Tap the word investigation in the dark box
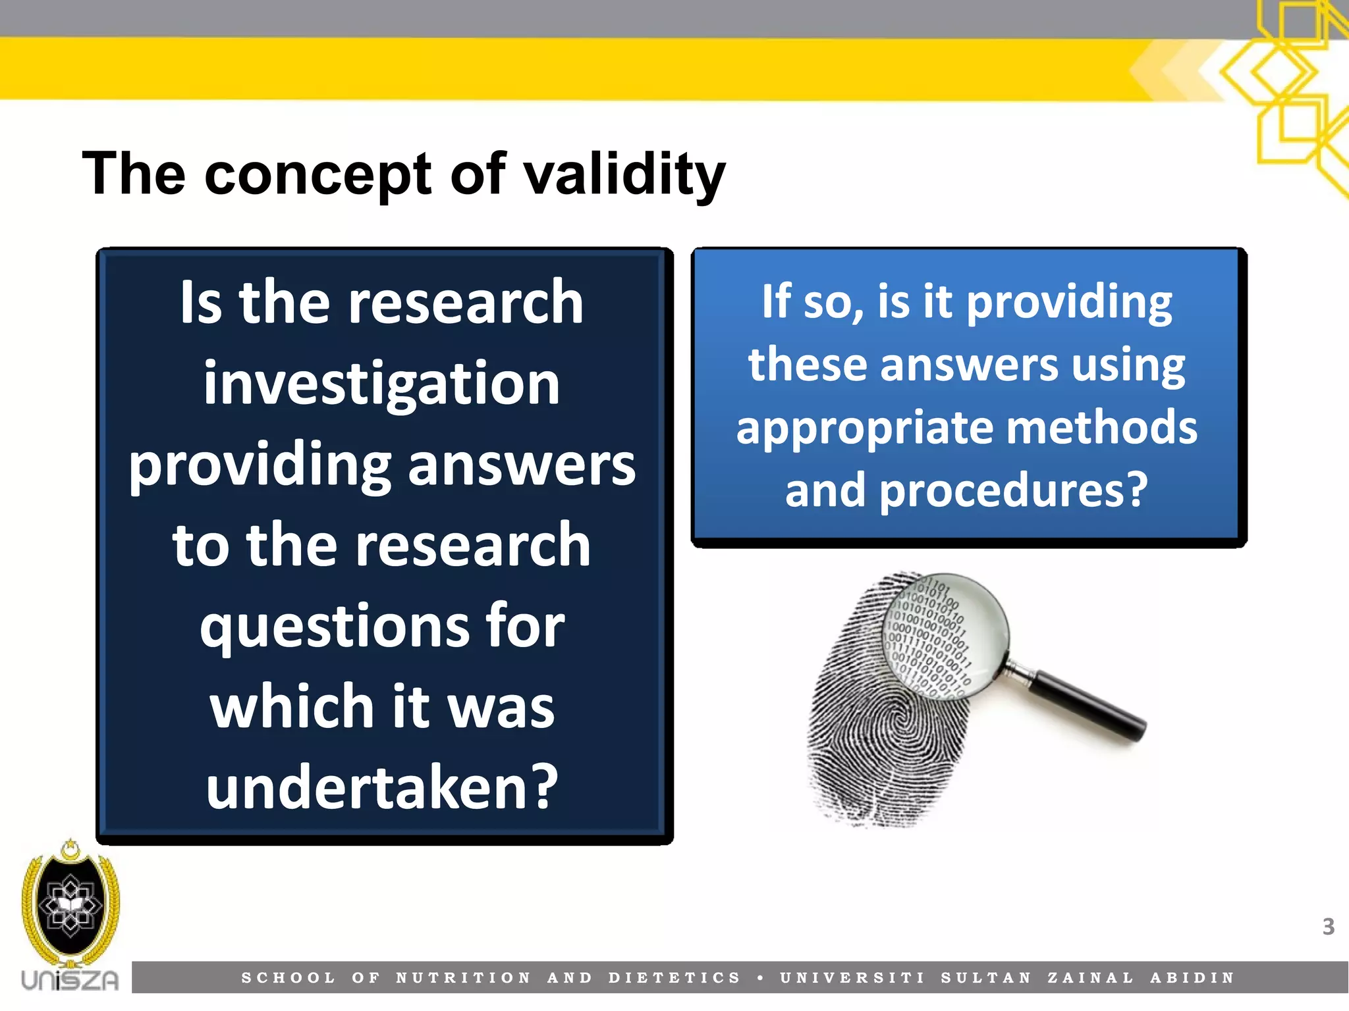click(x=381, y=384)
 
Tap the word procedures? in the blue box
click(x=1014, y=490)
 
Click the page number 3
click(x=1328, y=927)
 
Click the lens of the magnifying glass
click(x=945, y=635)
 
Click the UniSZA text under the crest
click(x=70, y=980)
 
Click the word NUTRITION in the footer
click(x=463, y=978)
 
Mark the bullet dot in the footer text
click(x=760, y=978)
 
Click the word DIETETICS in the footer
click(x=674, y=978)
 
